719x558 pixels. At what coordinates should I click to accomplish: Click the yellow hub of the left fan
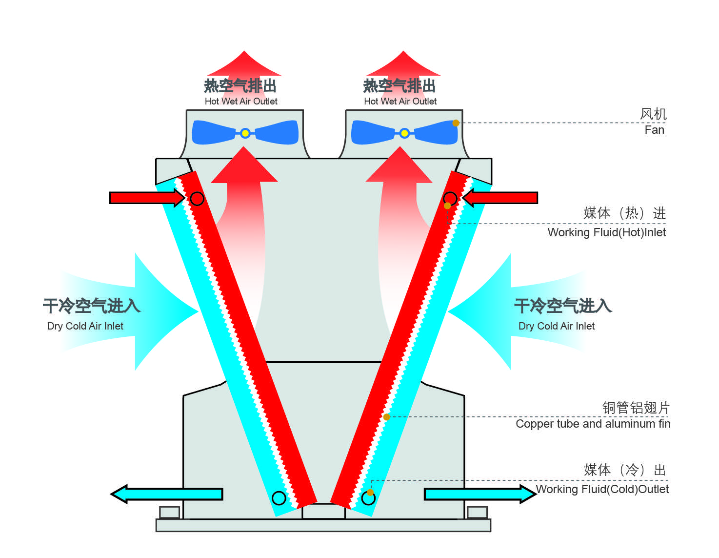tap(245, 133)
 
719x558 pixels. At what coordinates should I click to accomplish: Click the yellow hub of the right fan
tap(404, 133)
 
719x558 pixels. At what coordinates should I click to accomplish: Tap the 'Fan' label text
tap(654, 130)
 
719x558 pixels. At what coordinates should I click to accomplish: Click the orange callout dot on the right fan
tap(456, 123)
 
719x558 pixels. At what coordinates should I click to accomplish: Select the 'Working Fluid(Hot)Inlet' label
tap(606, 232)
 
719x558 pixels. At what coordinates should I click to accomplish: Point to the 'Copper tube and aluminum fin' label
tap(593, 424)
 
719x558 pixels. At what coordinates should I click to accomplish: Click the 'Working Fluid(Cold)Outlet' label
tap(602, 489)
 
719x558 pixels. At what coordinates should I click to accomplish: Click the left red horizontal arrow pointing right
tap(147, 198)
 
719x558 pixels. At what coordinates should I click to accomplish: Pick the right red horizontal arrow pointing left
tap(500, 198)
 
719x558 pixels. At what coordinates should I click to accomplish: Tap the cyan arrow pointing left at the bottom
tap(166, 494)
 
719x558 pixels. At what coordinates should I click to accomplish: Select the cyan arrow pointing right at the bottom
tap(480, 494)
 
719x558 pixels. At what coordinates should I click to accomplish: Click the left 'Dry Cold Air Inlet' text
tap(85, 326)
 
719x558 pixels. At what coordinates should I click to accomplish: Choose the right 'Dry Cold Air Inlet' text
tap(557, 326)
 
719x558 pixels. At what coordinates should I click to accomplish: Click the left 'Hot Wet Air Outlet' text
tap(241, 102)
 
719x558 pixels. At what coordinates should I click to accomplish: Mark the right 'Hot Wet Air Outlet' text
tap(400, 102)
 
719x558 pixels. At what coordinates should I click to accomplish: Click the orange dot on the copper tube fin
tap(386, 417)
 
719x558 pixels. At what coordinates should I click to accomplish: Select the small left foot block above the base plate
tap(169, 512)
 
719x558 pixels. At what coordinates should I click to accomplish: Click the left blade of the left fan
tap(214, 132)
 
